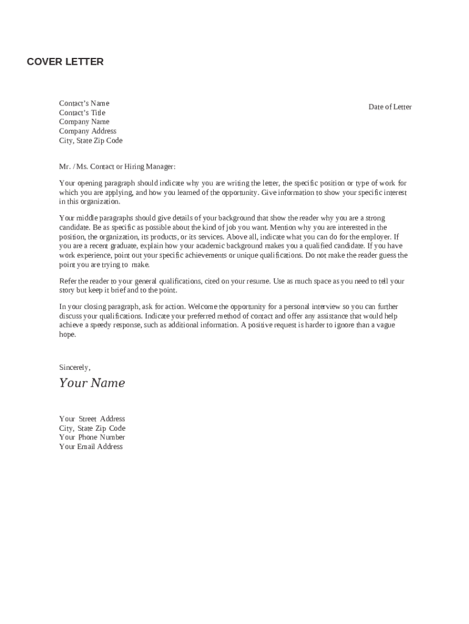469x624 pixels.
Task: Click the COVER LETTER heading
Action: (65, 62)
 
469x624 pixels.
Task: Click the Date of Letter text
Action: (390, 107)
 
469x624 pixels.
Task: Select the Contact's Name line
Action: (84, 103)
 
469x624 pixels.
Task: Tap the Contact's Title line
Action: (82, 113)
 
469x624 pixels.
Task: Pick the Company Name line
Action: (84, 122)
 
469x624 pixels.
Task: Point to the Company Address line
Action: (88, 131)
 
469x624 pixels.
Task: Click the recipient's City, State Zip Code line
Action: (91, 141)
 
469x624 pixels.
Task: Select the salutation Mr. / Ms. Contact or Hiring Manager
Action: (117, 166)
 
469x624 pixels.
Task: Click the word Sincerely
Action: (74, 367)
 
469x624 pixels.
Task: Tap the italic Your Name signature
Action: (92, 383)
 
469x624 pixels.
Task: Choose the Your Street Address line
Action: (92, 419)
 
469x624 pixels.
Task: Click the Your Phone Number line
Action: (92, 437)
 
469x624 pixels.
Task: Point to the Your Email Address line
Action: (91, 447)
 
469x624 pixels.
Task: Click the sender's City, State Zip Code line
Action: (92, 428)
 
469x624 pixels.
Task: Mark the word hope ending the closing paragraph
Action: (67, 335)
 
